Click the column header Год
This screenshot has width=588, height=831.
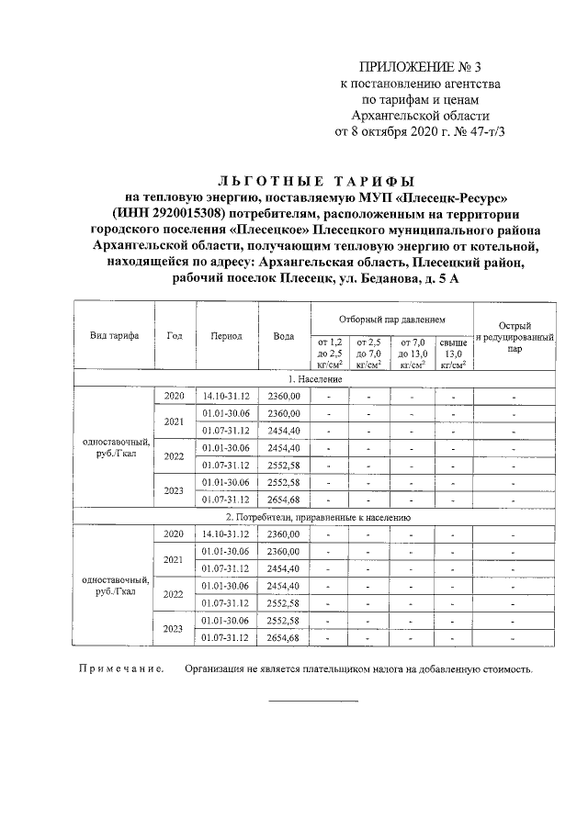[175, 336]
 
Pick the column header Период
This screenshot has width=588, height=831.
[226, 336]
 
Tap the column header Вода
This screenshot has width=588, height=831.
[284, 336]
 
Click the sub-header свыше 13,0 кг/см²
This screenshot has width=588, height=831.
[453, 352]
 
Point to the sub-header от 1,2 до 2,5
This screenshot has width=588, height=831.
[330, 352]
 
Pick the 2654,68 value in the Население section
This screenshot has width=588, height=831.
[284, 500]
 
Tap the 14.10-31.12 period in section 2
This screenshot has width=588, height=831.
[226, 533]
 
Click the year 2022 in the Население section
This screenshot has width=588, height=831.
[175, 456]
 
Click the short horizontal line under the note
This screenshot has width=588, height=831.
[313, 701]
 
